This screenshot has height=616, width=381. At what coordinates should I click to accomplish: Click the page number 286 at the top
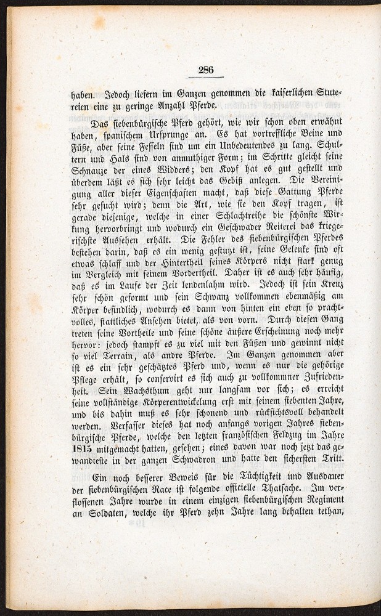coord(206,70)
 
